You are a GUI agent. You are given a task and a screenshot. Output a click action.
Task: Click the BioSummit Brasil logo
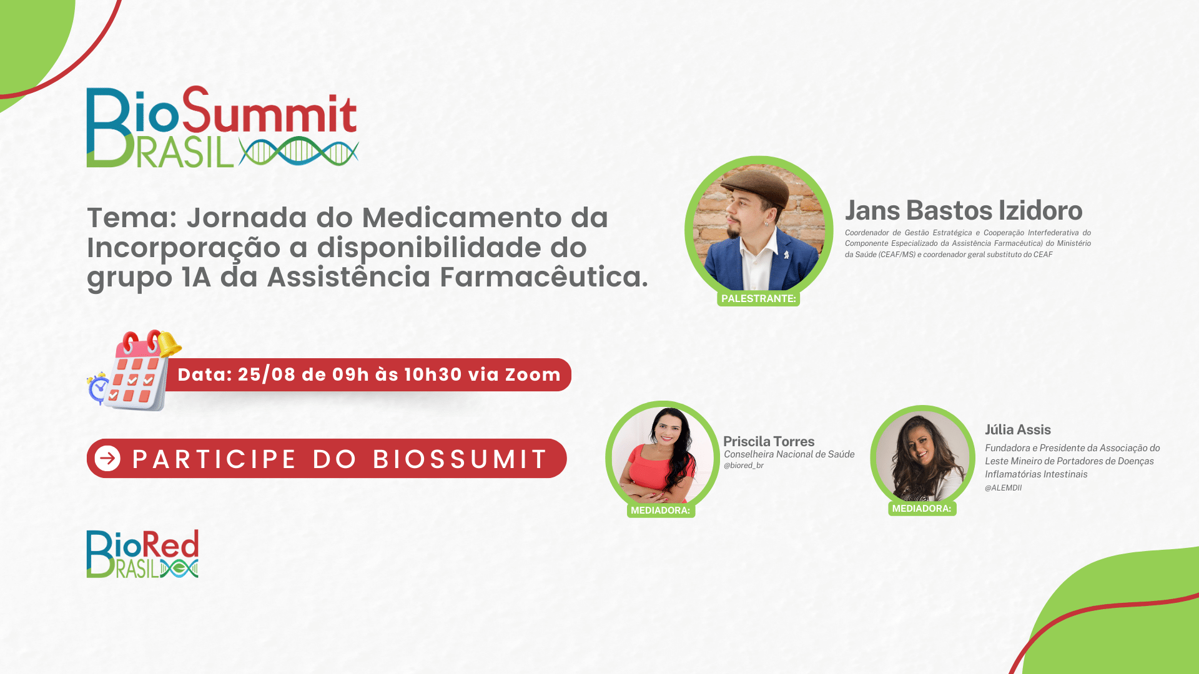coord(222,127)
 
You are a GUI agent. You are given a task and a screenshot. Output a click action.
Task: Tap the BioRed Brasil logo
coord(142,554)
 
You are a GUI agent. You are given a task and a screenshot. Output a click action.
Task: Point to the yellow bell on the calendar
coord(169,344)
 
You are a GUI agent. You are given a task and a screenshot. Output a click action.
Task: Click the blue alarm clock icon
coord(98,388)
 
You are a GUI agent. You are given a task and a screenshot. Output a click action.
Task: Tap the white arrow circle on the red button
coord(107,459)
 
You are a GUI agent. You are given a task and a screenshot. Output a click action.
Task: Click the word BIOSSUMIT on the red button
coord(460,459)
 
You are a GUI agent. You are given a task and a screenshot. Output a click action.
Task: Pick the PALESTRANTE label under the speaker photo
coord(758,298)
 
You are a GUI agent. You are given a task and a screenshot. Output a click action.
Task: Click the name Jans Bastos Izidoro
coord(964,211)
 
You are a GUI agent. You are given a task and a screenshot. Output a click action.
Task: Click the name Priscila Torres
coord(769,441)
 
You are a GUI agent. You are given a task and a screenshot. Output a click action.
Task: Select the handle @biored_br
coord(744,466)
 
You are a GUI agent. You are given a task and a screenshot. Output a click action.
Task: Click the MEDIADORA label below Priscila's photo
coord(661,510)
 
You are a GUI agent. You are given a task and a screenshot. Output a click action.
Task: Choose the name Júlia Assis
coord(1018,429)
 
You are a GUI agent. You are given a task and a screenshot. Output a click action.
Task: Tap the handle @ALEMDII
coord(1004,488)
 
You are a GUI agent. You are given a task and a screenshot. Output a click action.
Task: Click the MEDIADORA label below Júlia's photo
coord(922,509)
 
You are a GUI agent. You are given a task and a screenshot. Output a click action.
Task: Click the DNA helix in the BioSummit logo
coord(299,151)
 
